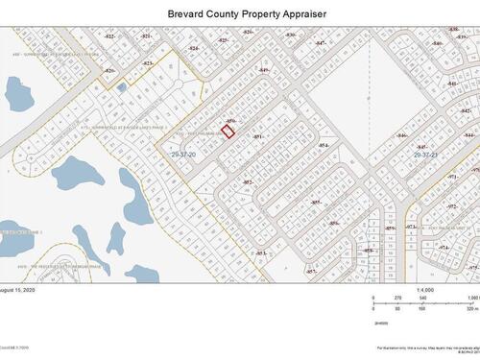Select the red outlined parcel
click(x=228, y=132)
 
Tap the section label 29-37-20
click(x=183, y=154)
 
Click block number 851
click(x=257, y=137)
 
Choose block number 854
click(x=324, y=146)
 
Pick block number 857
click(x=311, y=272)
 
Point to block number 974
click(x=444, y=247)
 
